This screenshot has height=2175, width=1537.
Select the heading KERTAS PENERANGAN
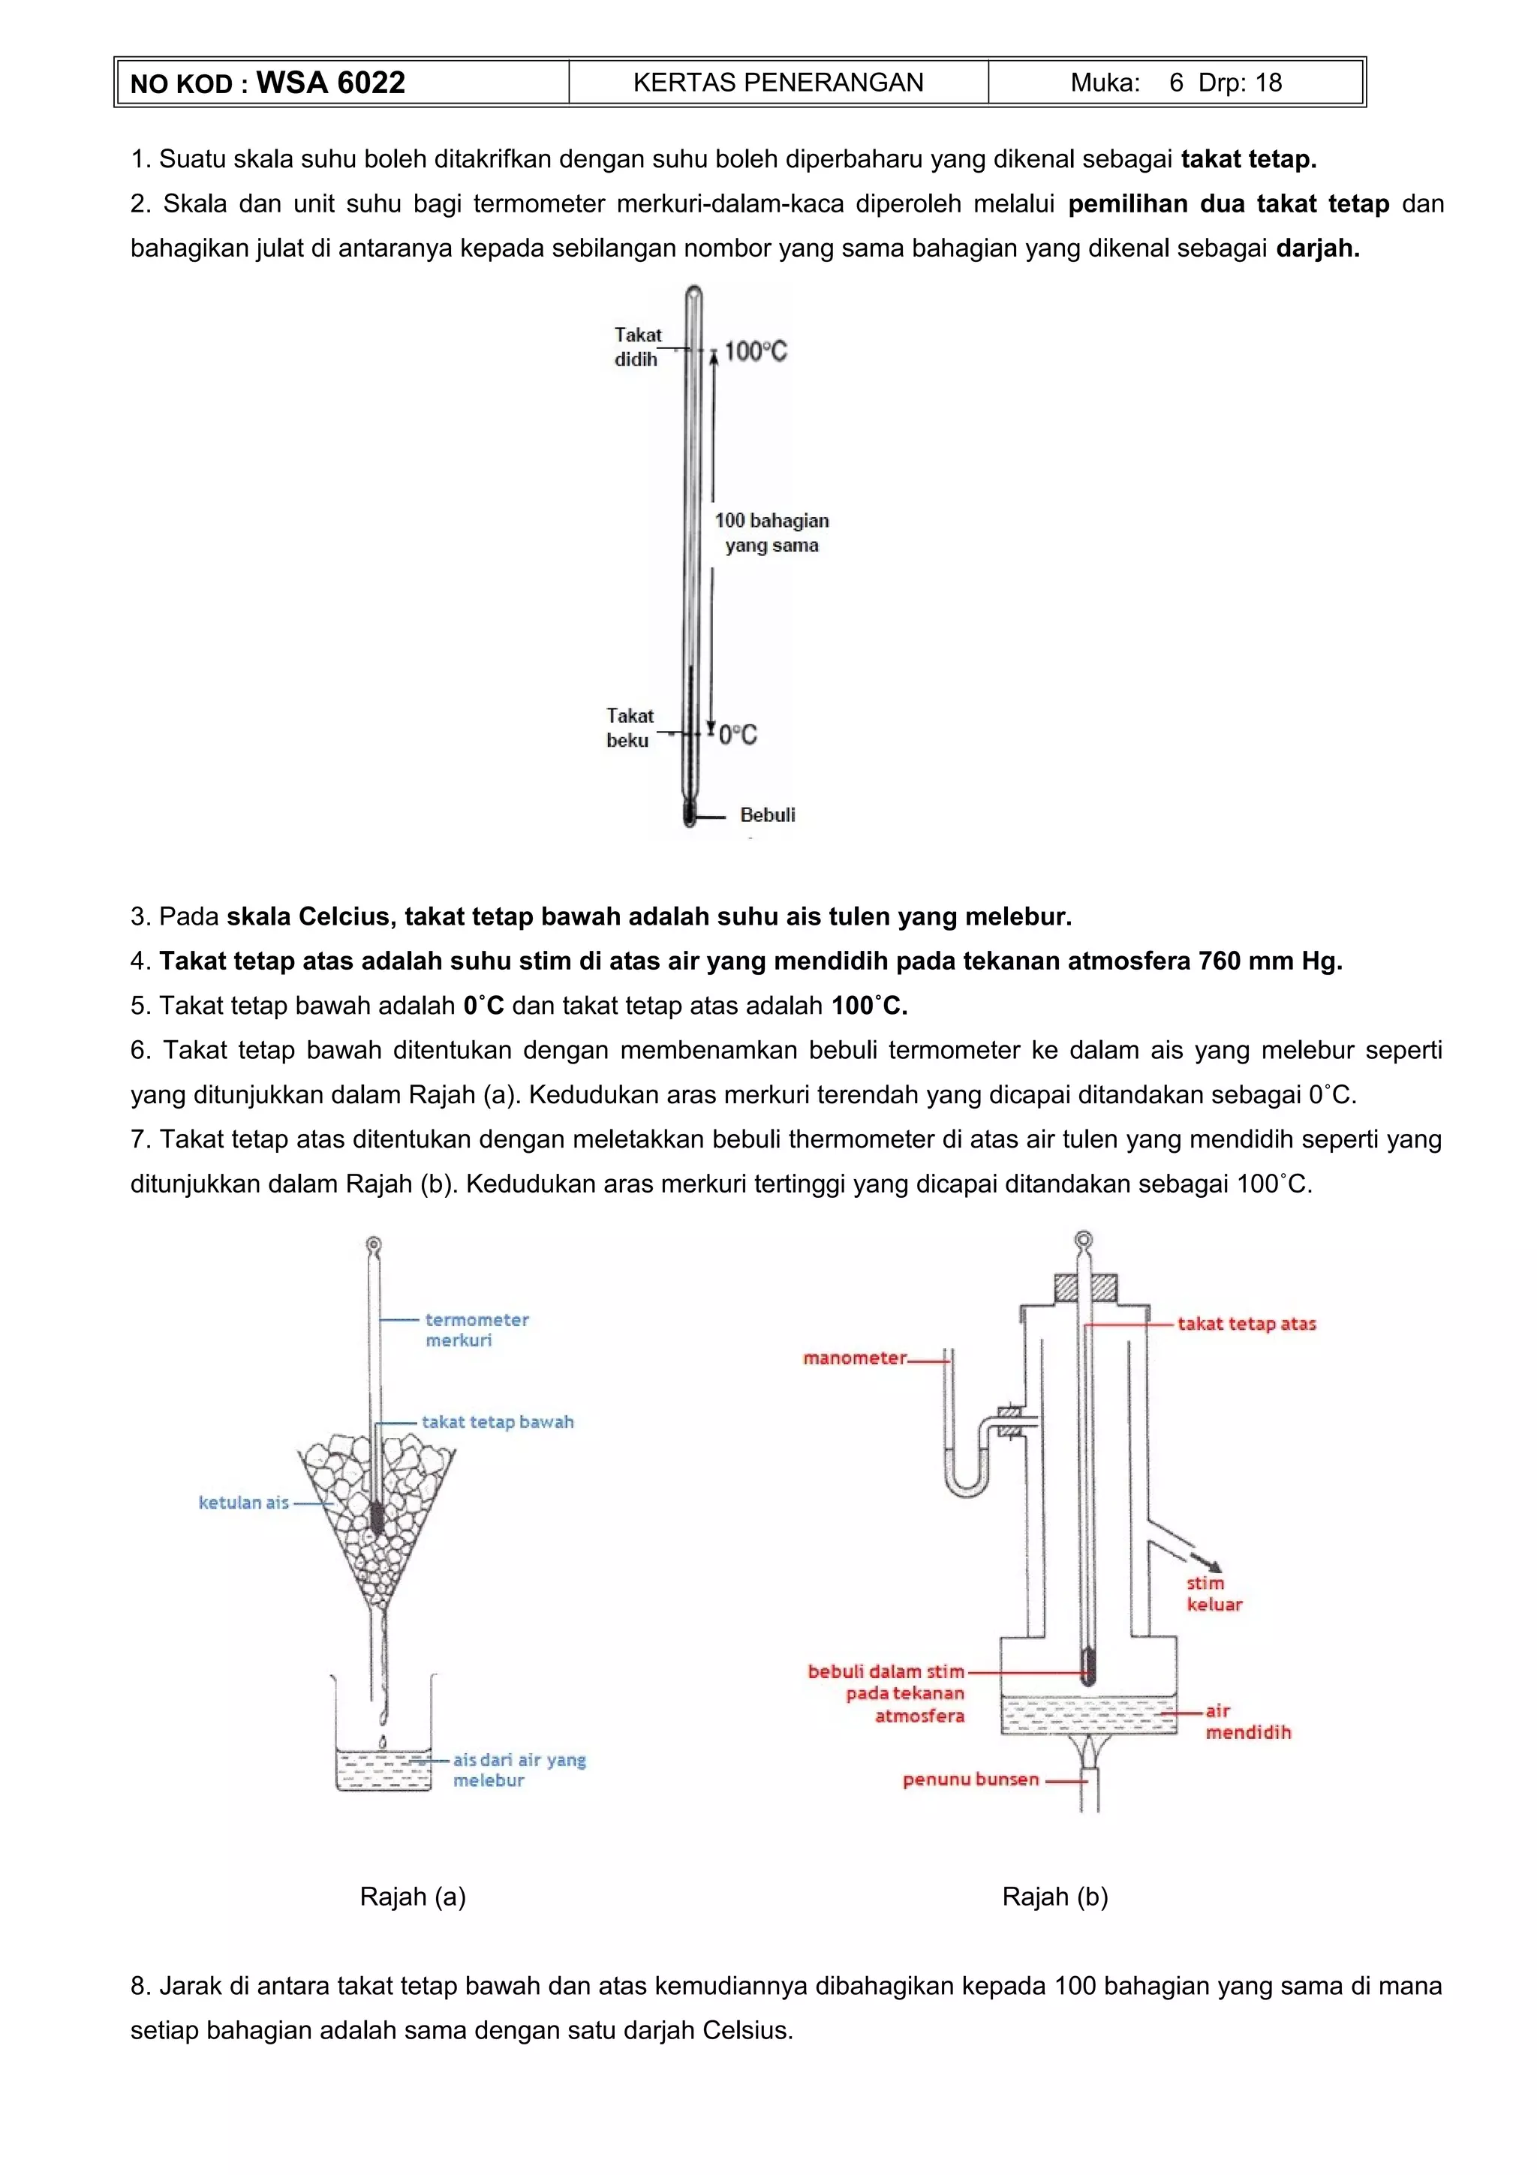pos(778,83)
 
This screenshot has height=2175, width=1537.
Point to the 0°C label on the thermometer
pos(738,734)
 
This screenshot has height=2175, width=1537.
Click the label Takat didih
pos(637,347)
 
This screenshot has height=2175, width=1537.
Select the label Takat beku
pos(629,727)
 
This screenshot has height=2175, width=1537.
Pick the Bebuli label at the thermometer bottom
pos(767,814)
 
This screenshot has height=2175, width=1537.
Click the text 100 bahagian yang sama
pos(771,532)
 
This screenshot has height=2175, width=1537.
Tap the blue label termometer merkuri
pos(477,1329)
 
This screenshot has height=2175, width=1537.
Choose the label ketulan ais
pos(243,1503)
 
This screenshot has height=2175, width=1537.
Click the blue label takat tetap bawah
pos(497,1422)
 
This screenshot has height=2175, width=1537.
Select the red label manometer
pos(854,1358)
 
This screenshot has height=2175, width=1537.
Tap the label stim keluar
pos(1213,1593)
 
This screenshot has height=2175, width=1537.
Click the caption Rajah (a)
pos(413,1897)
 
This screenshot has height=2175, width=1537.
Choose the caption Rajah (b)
pos(1055,1897)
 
